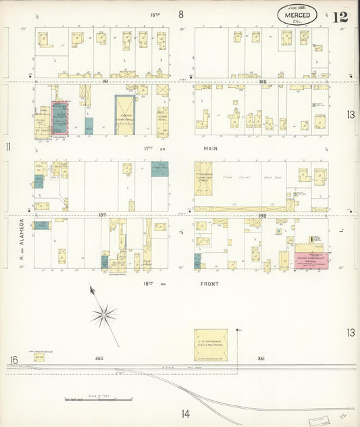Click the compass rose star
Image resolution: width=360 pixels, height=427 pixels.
pos(103,313)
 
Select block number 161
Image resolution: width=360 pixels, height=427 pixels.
pos(105,80)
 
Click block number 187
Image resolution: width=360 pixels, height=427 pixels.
pos(102,214)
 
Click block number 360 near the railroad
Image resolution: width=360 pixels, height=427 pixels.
pos(99,358)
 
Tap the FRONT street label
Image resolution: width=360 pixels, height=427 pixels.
pos(211,284)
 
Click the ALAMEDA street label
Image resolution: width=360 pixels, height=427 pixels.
pos(22,232)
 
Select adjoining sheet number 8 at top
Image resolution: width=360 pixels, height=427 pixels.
pos(180,14)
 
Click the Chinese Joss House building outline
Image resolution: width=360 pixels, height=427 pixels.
pos(124,114)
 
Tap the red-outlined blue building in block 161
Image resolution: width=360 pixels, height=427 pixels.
pos(60,118)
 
